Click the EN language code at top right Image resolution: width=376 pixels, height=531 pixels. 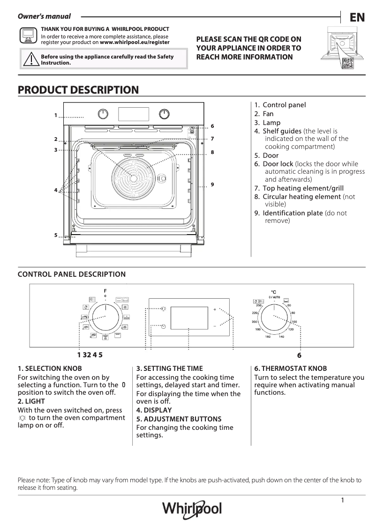coord(357,18)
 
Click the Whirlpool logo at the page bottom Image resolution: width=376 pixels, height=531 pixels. coord(192,509)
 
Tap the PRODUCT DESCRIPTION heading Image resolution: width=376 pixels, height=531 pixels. coord(78,90)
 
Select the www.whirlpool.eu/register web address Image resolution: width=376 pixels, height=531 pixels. coord(135,42)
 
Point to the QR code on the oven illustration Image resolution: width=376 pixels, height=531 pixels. coord(347,63)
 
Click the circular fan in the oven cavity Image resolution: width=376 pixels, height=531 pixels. coord(134,178)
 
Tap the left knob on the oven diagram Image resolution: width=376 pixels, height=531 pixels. coord(104,114)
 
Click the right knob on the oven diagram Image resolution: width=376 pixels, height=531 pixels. coord(164,114)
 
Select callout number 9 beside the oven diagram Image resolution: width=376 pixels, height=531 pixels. coord(212,184)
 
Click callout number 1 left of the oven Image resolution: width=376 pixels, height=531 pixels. coord(55,115)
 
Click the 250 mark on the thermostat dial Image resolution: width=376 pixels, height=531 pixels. coord(258,305)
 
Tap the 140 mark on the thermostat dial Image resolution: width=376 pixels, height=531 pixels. coord(281,337)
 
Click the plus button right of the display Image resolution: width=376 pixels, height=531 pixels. coord(215,310)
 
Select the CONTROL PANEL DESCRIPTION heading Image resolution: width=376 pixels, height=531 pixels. coord(72,274)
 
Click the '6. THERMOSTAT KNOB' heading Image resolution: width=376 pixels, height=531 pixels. coord(291,369)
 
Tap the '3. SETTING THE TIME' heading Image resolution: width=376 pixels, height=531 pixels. coord(170,369)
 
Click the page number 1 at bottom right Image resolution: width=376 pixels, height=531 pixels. coord(343,501)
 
